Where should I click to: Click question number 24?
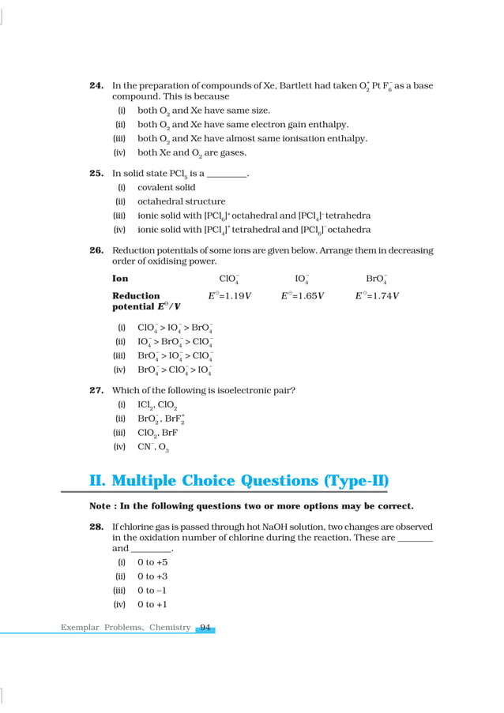coord(97,85)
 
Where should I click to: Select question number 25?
coord(97,173)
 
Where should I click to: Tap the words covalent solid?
coord(167,188)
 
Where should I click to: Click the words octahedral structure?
coord(181,201)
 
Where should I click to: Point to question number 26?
coord(97,250)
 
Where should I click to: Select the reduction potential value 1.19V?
coord(230,296)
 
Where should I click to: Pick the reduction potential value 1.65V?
coord(303,296)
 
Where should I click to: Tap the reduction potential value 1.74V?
coord(377,296)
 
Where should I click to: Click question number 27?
coord(97,390)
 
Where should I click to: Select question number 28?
coord(97,526)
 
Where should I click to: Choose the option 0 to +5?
coord(152,562)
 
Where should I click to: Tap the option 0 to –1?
coord(152,591)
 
